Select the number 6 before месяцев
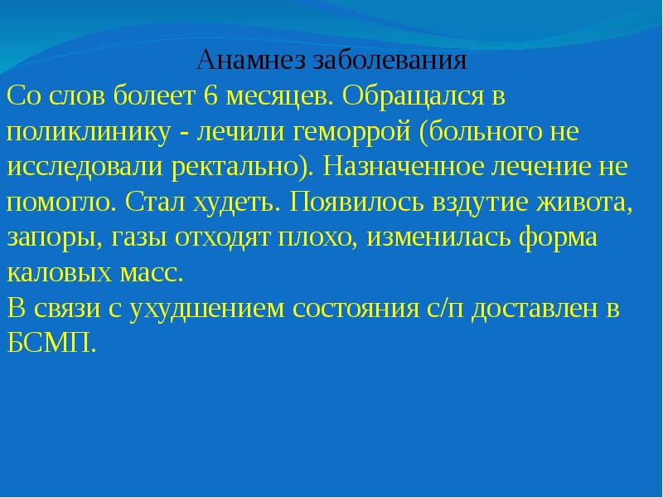(x=211, y=96)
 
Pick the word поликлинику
(x=77, y=132)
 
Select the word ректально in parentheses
(x=244, y=166)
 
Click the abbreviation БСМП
(x=51, y=343)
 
